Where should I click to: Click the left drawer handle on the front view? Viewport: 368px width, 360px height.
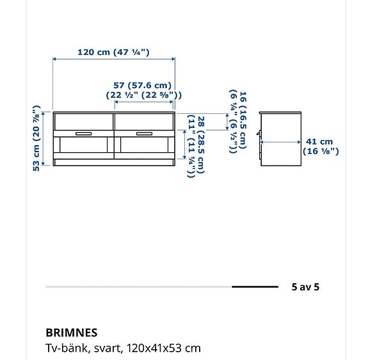83,133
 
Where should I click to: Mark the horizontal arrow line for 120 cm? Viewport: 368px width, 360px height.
114,59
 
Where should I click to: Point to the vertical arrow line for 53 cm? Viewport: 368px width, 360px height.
44,138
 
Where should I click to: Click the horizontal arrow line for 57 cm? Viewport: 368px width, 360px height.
144,101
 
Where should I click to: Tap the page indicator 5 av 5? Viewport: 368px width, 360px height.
305,287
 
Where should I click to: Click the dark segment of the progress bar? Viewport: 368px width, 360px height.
255,287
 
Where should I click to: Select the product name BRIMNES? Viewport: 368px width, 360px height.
71,333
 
